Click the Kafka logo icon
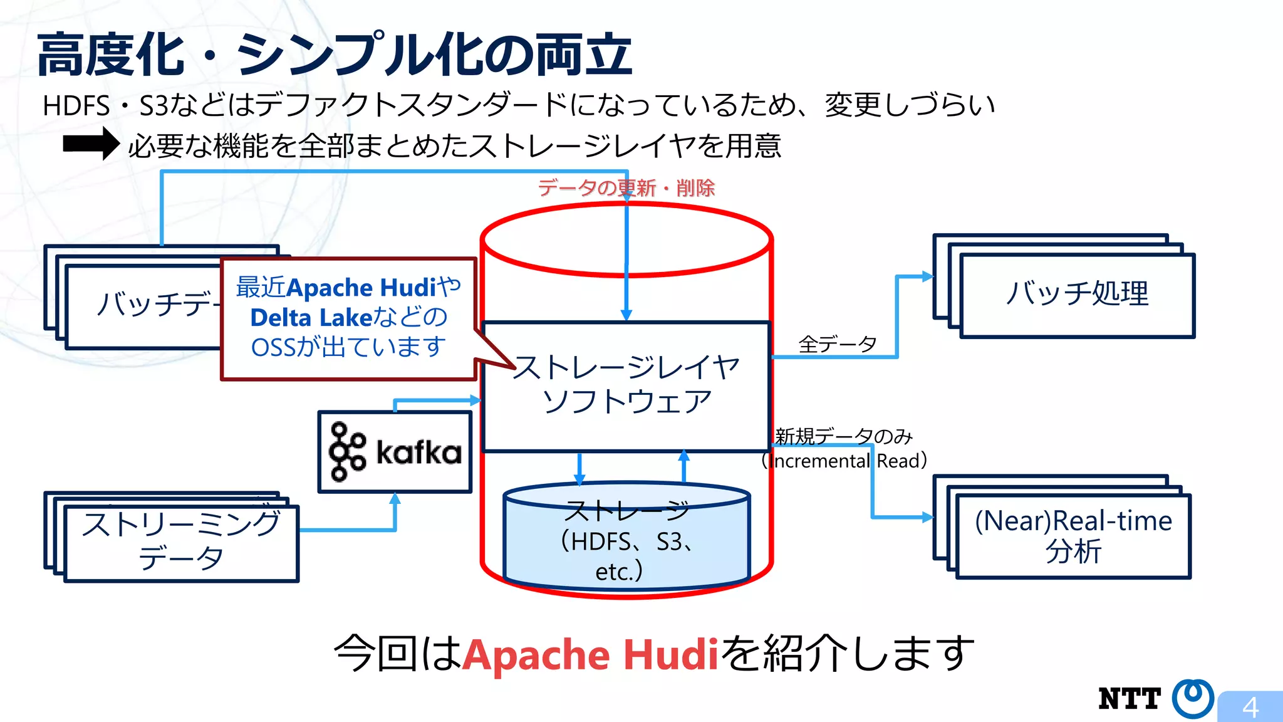tap(347, 451)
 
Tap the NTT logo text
tap(1130, 699)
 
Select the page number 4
tap(1250, 708)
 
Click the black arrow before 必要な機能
tap(91, 144)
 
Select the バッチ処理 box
tap(1077, 295)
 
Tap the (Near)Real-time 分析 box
tap(1073, 536)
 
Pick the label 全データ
tap(837, 344)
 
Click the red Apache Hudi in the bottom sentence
tap(590, 654)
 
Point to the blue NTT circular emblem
tap(1193, 698)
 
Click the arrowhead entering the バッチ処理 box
tap(927, 276)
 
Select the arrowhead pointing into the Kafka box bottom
tap(395, 500)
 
